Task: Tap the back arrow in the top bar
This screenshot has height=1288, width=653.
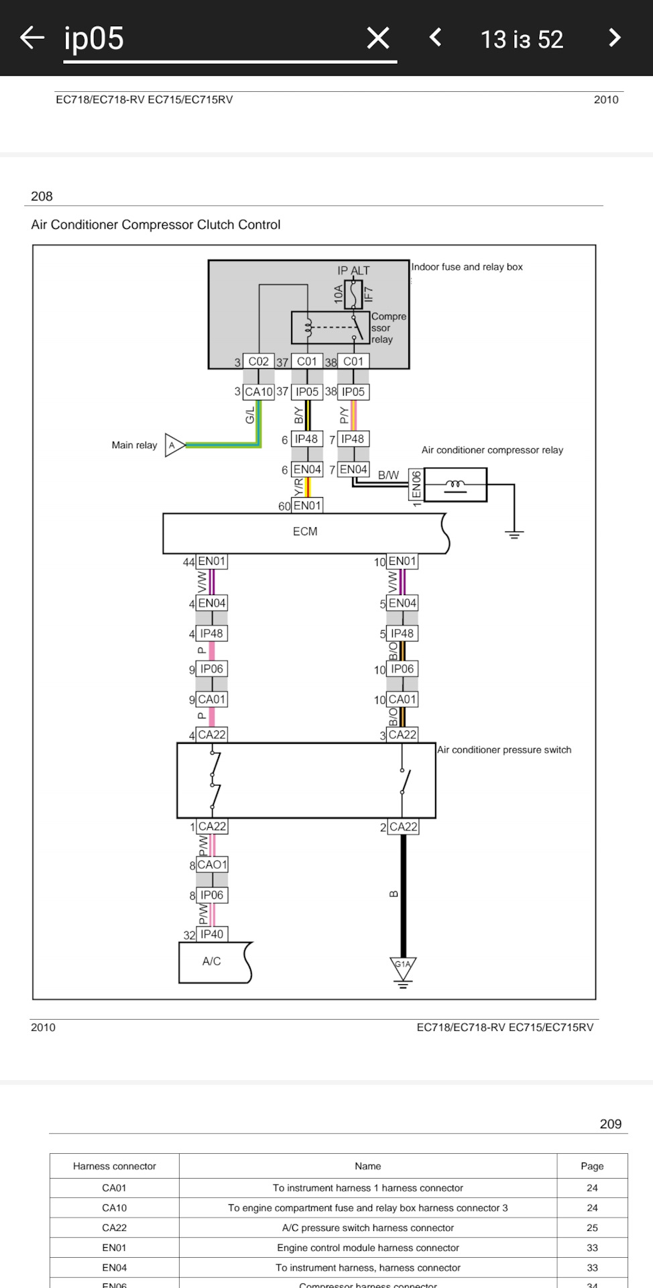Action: coord(32,38)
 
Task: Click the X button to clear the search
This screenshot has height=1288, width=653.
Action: coord(378,38)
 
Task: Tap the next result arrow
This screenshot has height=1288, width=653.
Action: coord(614,38)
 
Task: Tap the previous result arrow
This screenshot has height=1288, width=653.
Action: coord(436,38)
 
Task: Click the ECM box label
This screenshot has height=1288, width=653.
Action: coord(305,532)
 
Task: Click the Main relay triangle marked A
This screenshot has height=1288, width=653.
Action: coord(174,445)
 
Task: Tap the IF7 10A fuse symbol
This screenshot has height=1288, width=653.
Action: coord(353,293)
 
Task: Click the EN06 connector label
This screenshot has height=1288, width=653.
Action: coord(416,484)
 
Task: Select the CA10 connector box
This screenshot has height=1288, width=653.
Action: coord(258,392)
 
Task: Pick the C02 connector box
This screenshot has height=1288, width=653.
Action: coord(258,362)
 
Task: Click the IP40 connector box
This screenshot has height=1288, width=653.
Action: coord(212,934)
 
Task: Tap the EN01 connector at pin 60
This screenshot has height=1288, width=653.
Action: coord(307,505)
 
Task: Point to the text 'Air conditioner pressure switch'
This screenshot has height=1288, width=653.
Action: coord(504,750)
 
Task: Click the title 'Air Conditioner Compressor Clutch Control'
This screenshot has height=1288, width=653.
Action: coord(156,225)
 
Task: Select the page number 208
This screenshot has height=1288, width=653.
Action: coord(42,197)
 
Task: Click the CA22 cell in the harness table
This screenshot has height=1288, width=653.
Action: coord(114,1228)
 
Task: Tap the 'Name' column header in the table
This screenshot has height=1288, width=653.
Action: coord(367,1167)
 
